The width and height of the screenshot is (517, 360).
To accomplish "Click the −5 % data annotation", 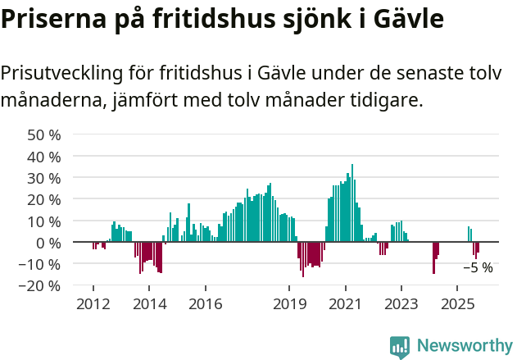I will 478,267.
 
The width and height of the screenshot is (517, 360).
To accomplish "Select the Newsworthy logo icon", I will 400,346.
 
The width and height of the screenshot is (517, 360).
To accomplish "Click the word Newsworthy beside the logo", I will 465,346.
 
